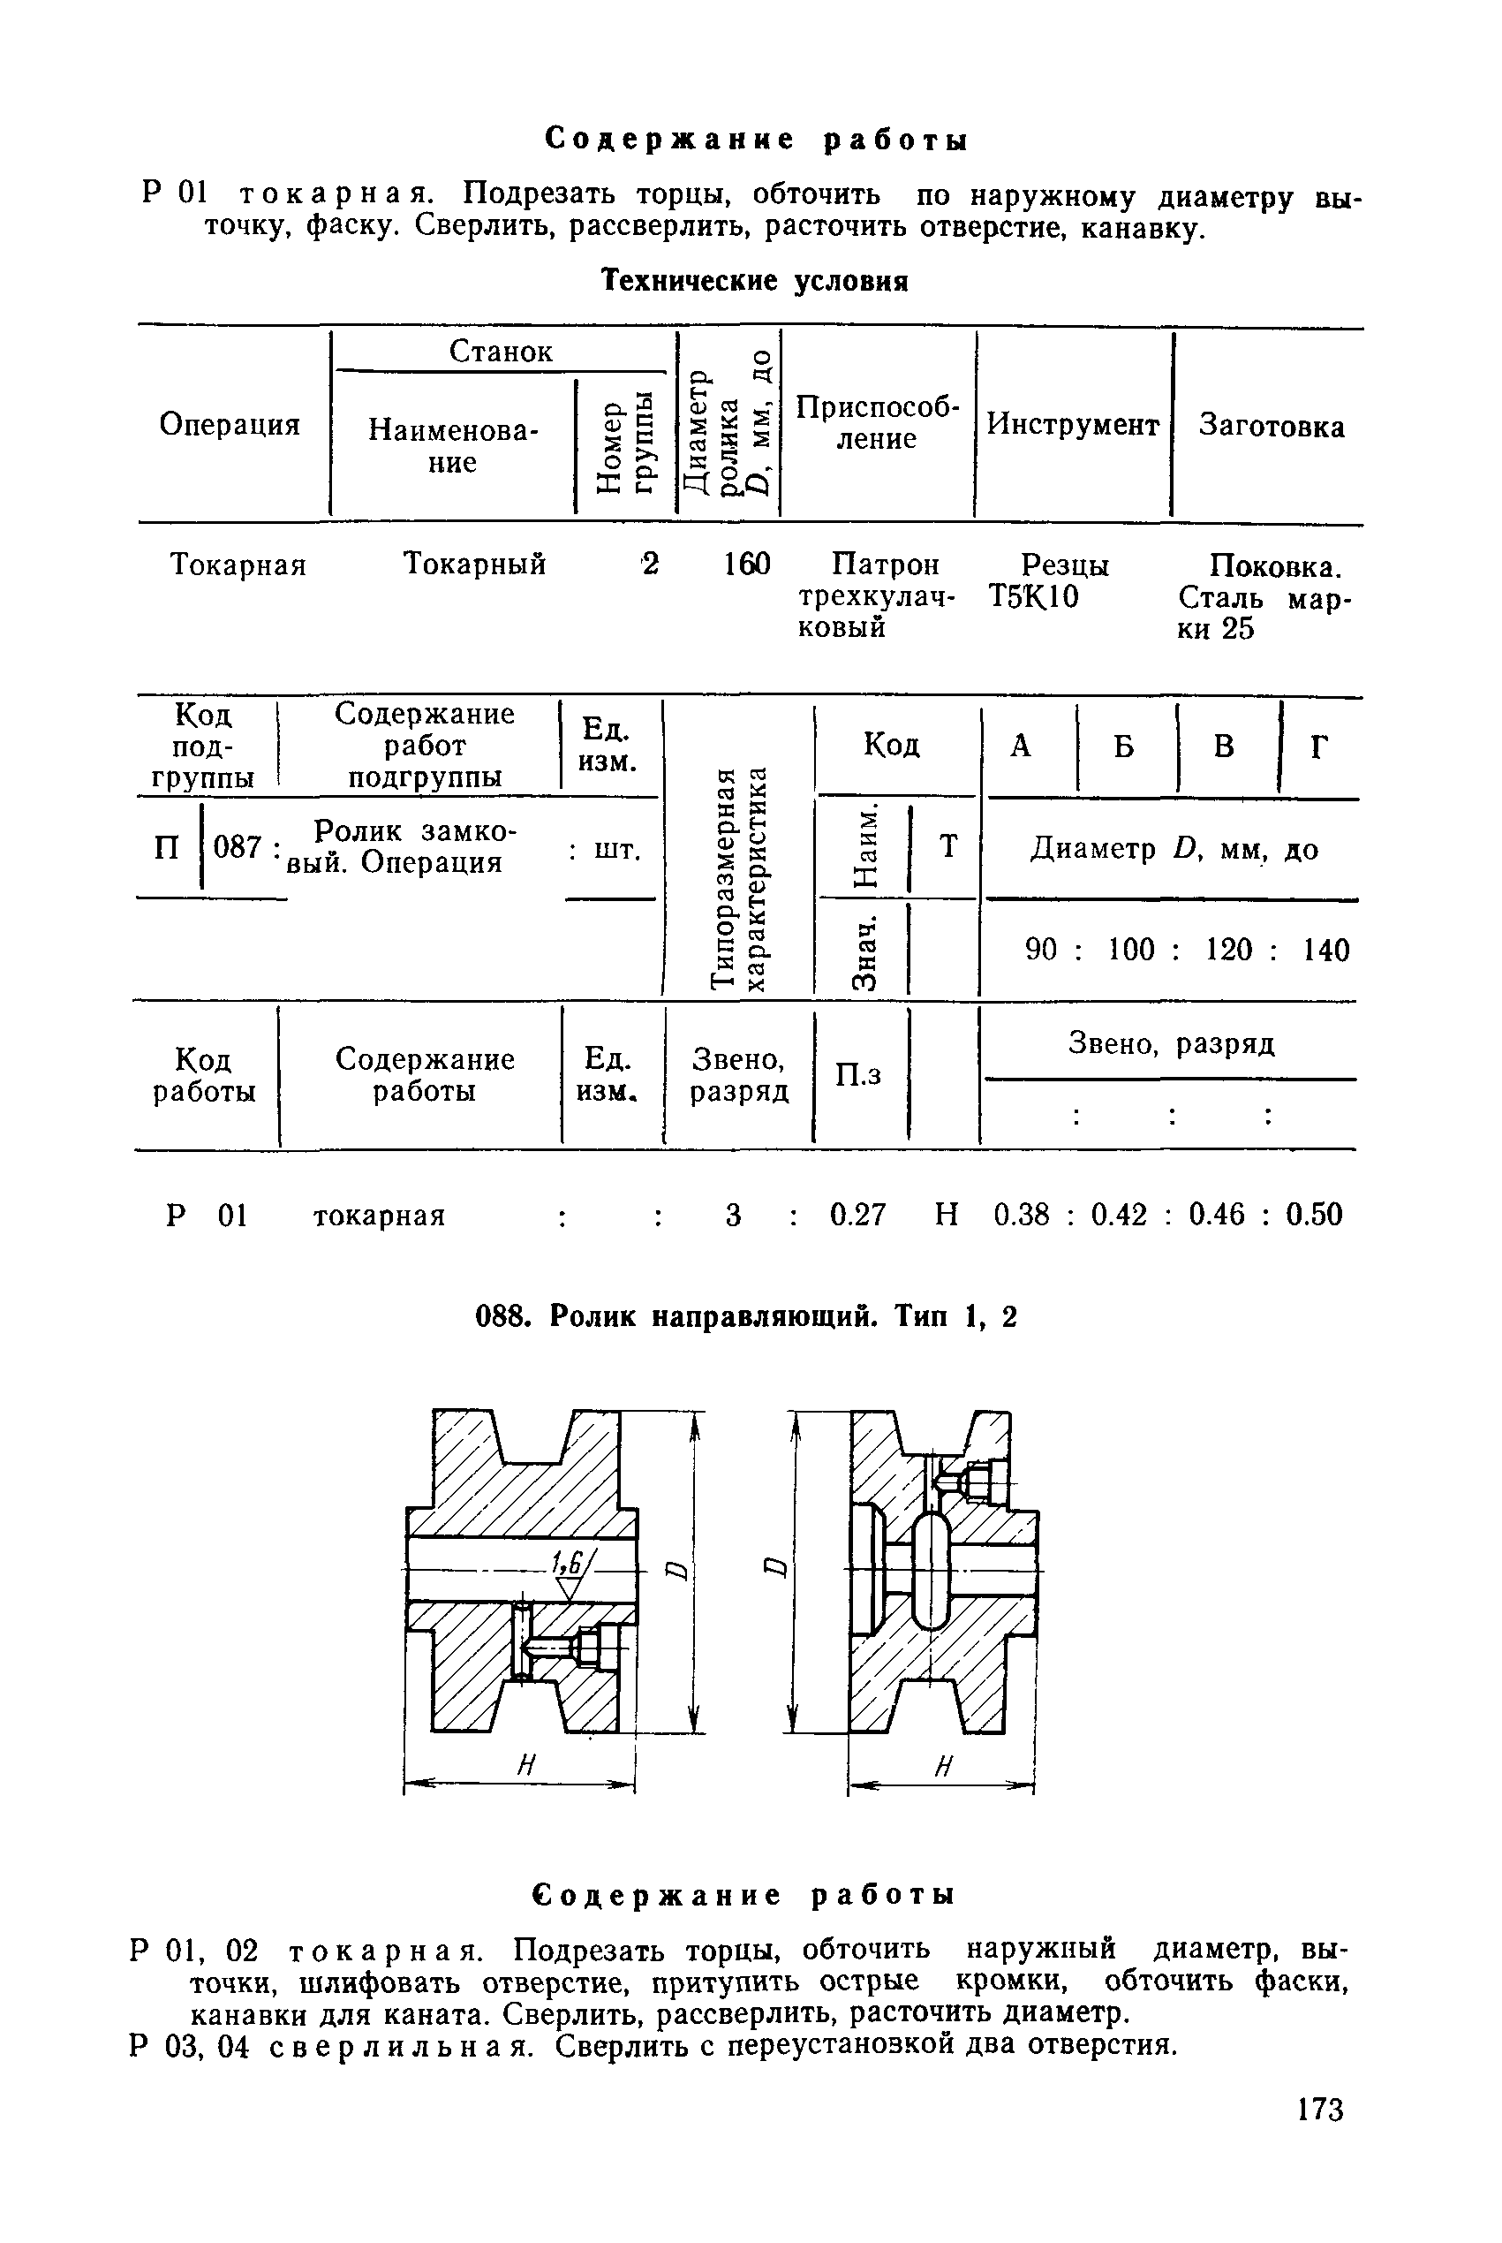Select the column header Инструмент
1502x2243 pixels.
point(1073,424)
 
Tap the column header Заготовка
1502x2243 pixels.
point(1272,426)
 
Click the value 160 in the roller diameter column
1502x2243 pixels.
point(747,565)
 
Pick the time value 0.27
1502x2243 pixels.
point(857,1215)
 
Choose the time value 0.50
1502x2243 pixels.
point(1314,1215)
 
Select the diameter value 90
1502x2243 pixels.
point(1040,950)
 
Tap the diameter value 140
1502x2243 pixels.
point(1325,951)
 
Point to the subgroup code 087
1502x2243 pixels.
point(237,847)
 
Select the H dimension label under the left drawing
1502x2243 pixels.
point(525,1765)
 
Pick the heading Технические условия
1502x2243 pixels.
point(754,282)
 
